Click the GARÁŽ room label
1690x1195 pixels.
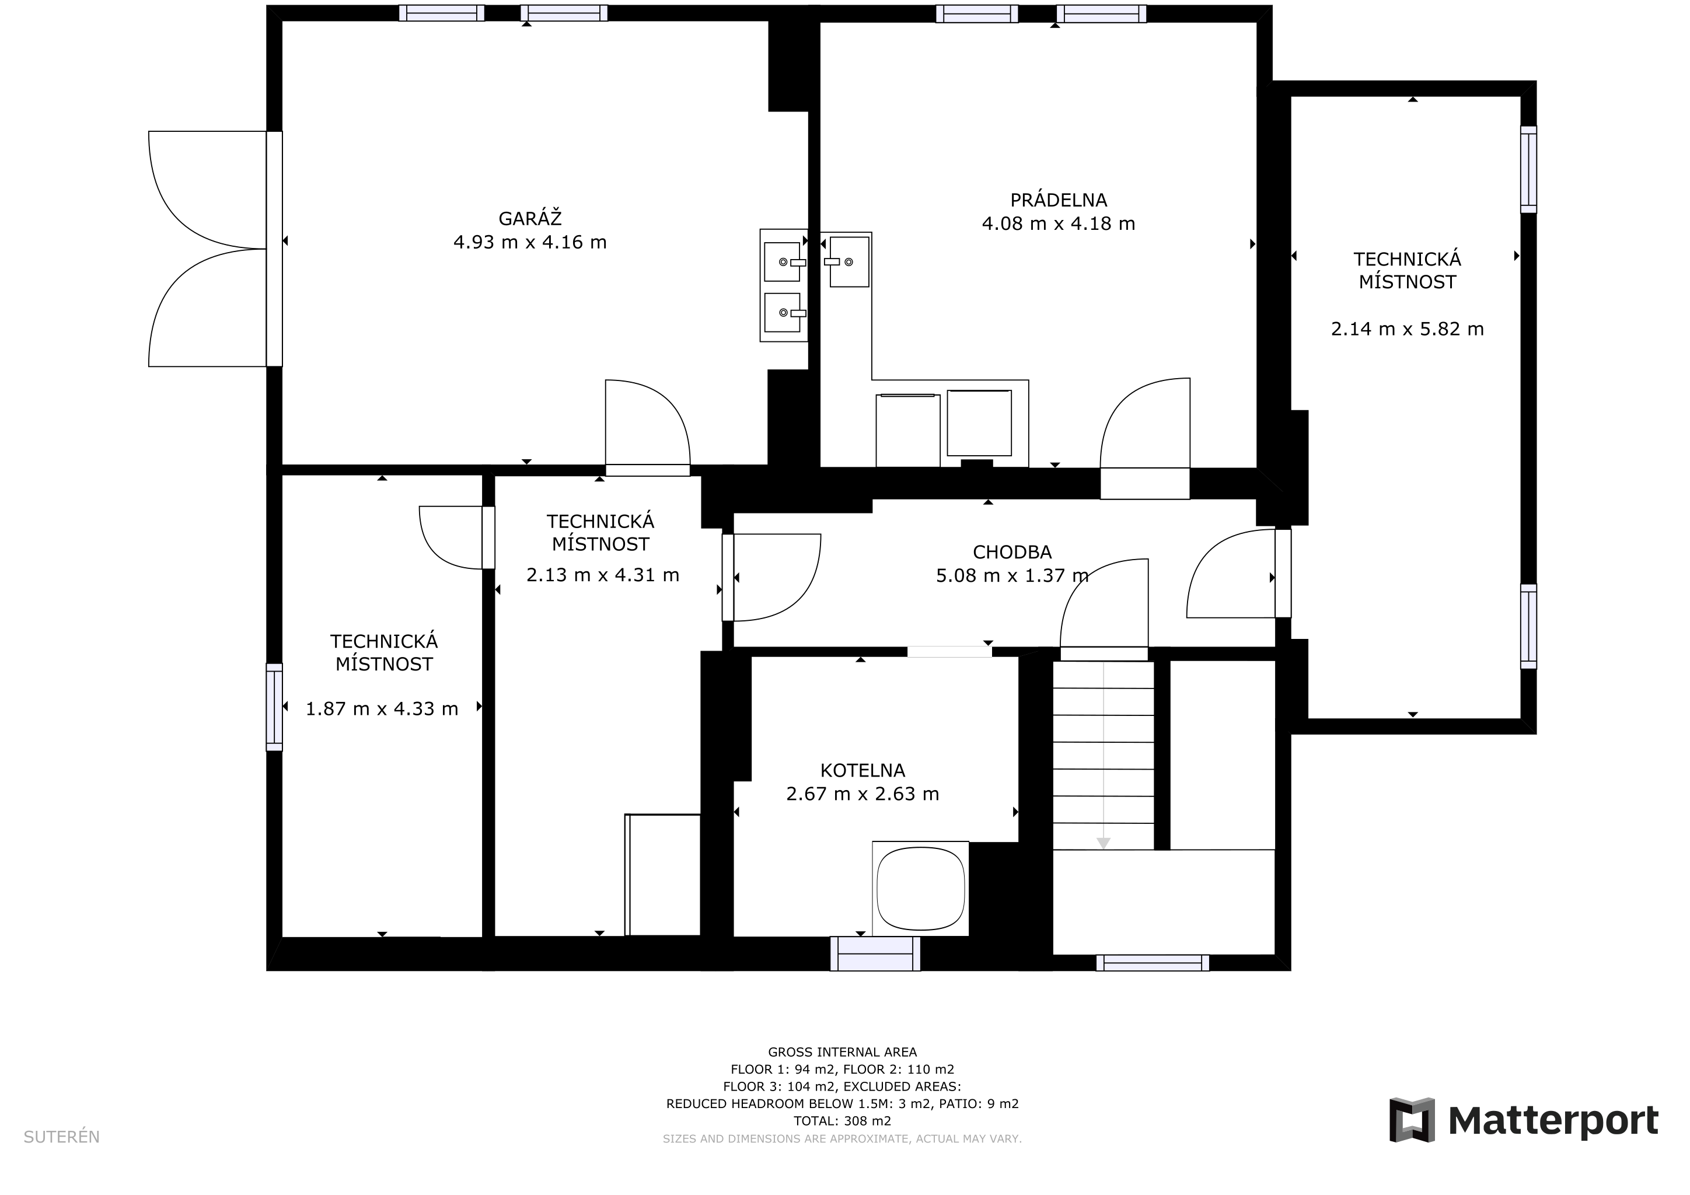530,219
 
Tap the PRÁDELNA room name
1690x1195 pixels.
1059,200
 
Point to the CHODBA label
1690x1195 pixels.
1012,552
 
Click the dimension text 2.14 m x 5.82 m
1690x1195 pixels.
1408,329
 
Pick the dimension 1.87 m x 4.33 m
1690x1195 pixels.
382,708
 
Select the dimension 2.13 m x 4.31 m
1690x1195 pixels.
603,575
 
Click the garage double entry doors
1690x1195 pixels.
208,249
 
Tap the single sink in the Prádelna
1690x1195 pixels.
850,261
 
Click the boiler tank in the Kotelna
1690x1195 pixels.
920,888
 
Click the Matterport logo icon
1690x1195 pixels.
1412,1120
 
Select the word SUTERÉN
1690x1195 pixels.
62,1137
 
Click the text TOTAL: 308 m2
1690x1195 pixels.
842,1121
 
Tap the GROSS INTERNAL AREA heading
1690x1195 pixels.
842,1052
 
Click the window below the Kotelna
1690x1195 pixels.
875,953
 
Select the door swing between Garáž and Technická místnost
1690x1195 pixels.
648,422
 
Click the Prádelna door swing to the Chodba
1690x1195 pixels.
1144,423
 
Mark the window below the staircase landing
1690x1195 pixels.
1152,962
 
